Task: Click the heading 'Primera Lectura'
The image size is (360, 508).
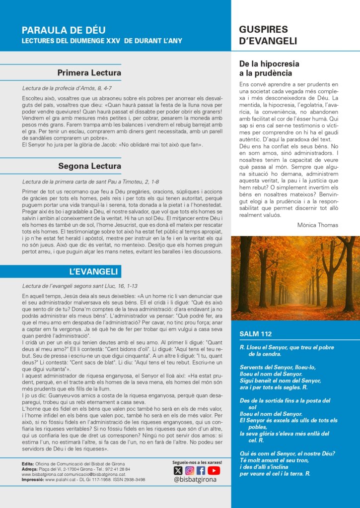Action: [x=89, y=73]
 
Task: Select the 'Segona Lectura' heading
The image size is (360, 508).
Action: [x=89, y=166]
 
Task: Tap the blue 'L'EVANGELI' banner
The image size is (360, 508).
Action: [x=93, y=271]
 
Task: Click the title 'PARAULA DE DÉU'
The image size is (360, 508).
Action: [x=64, y=30]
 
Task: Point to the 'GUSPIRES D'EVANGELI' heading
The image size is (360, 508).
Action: [x=268, y=35]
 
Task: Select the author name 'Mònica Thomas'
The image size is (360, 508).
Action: [x=318, y=225]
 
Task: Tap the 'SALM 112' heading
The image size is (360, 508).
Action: [x=256, y=334]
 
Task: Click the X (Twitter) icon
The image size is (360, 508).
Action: [x=178, y=471]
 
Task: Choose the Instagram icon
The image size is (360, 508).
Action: [x=190, y=471]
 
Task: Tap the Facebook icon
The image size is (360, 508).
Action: [x=201, y=471]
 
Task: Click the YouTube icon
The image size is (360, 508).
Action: [x=214, y=471]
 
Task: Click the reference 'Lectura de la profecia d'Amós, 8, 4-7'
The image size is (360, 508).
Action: [x=71, y=88]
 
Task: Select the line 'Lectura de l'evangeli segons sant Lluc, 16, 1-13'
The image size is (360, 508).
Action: [x=80, y=286]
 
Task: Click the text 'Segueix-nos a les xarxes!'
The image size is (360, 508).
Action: [x=197, y=462]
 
